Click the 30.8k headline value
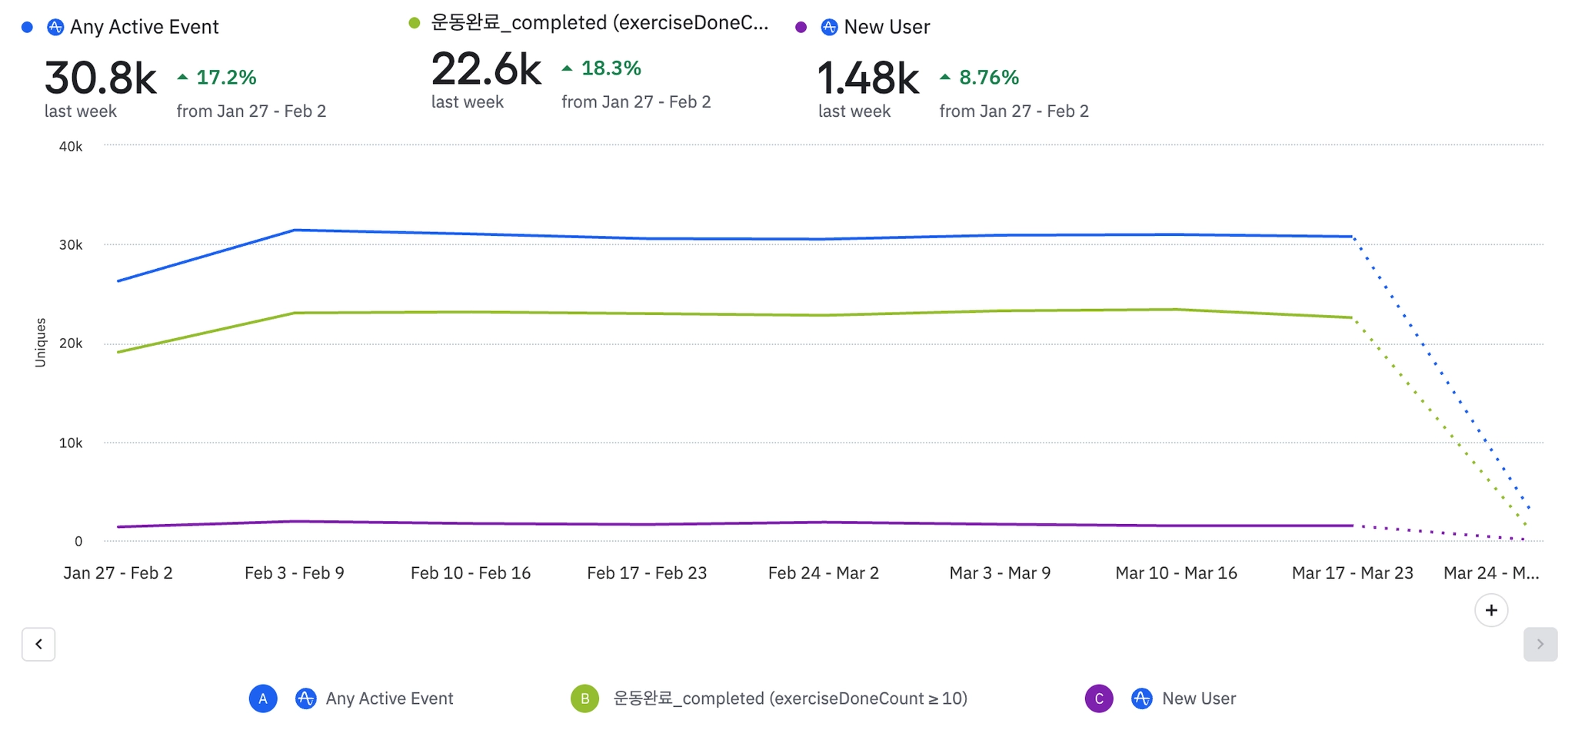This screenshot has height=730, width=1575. click(100, 78)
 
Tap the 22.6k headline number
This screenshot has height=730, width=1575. click(486, 69)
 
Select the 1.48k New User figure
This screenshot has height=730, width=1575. click(867, 78)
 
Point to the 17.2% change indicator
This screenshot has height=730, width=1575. click(225, 78)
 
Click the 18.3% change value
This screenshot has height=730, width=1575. click(611, 68)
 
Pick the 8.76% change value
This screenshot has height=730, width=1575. click(988, 78)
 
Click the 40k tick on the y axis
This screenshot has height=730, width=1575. click(71, 147)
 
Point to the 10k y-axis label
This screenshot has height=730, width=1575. click(71, 443)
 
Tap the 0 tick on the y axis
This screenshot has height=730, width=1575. click(78, 542)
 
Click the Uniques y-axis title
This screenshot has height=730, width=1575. click(41, 343)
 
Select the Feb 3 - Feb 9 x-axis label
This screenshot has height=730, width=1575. click(295, 573)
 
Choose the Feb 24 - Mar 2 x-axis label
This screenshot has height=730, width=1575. click(823, 573)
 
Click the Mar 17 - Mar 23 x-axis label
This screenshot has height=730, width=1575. click(1352, 573)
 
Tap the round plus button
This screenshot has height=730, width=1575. click(1491, 610)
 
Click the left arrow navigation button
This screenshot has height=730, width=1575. click(38, 644)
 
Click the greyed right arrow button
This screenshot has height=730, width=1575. click(1540, 644)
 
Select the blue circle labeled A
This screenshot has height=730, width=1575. click(263, 698)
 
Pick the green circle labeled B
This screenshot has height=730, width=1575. click(584, 698)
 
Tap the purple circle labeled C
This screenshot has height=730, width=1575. click(1099, 698)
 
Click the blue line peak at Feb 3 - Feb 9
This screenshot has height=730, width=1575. click(295, 231)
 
